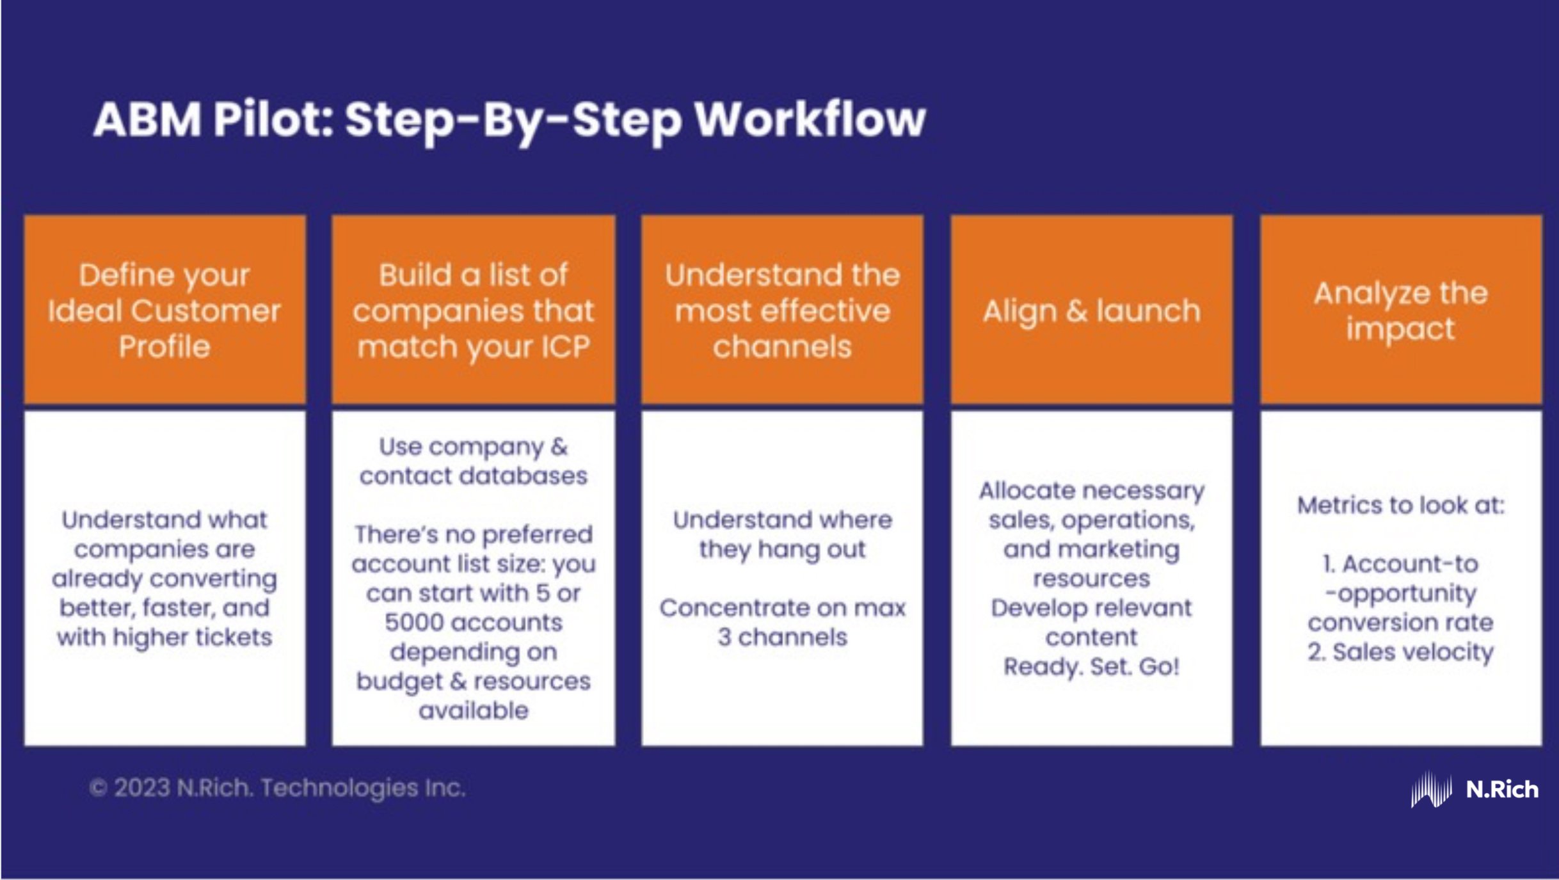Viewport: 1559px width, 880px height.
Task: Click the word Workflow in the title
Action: point(810,120)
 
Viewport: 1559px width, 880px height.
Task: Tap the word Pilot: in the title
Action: point(273,120)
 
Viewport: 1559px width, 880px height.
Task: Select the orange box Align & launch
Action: point(1091,311)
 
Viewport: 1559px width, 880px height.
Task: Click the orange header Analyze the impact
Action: point(1400,311)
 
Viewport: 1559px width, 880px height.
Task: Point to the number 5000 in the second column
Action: point(410,623)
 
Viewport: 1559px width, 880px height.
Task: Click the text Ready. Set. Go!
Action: point(1091,667)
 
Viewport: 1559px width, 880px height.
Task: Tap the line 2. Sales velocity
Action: point(1400,652)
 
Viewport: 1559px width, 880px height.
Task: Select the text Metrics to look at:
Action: point(1400,506)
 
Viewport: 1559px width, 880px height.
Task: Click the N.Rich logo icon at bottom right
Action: point(1431,789)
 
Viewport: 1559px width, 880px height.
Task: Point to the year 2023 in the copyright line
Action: point(143,788)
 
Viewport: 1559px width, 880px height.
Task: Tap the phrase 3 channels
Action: point(782,637)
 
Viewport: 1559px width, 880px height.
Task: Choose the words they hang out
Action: point(782,549)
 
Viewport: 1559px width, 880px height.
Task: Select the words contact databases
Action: point(474,476)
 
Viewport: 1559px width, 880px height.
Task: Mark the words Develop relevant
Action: point(1091,608)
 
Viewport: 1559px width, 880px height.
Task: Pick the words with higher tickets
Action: point(164,637)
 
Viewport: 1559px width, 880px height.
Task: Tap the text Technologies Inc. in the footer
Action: point(363,788)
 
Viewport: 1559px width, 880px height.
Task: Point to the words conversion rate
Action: point(1400,623)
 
